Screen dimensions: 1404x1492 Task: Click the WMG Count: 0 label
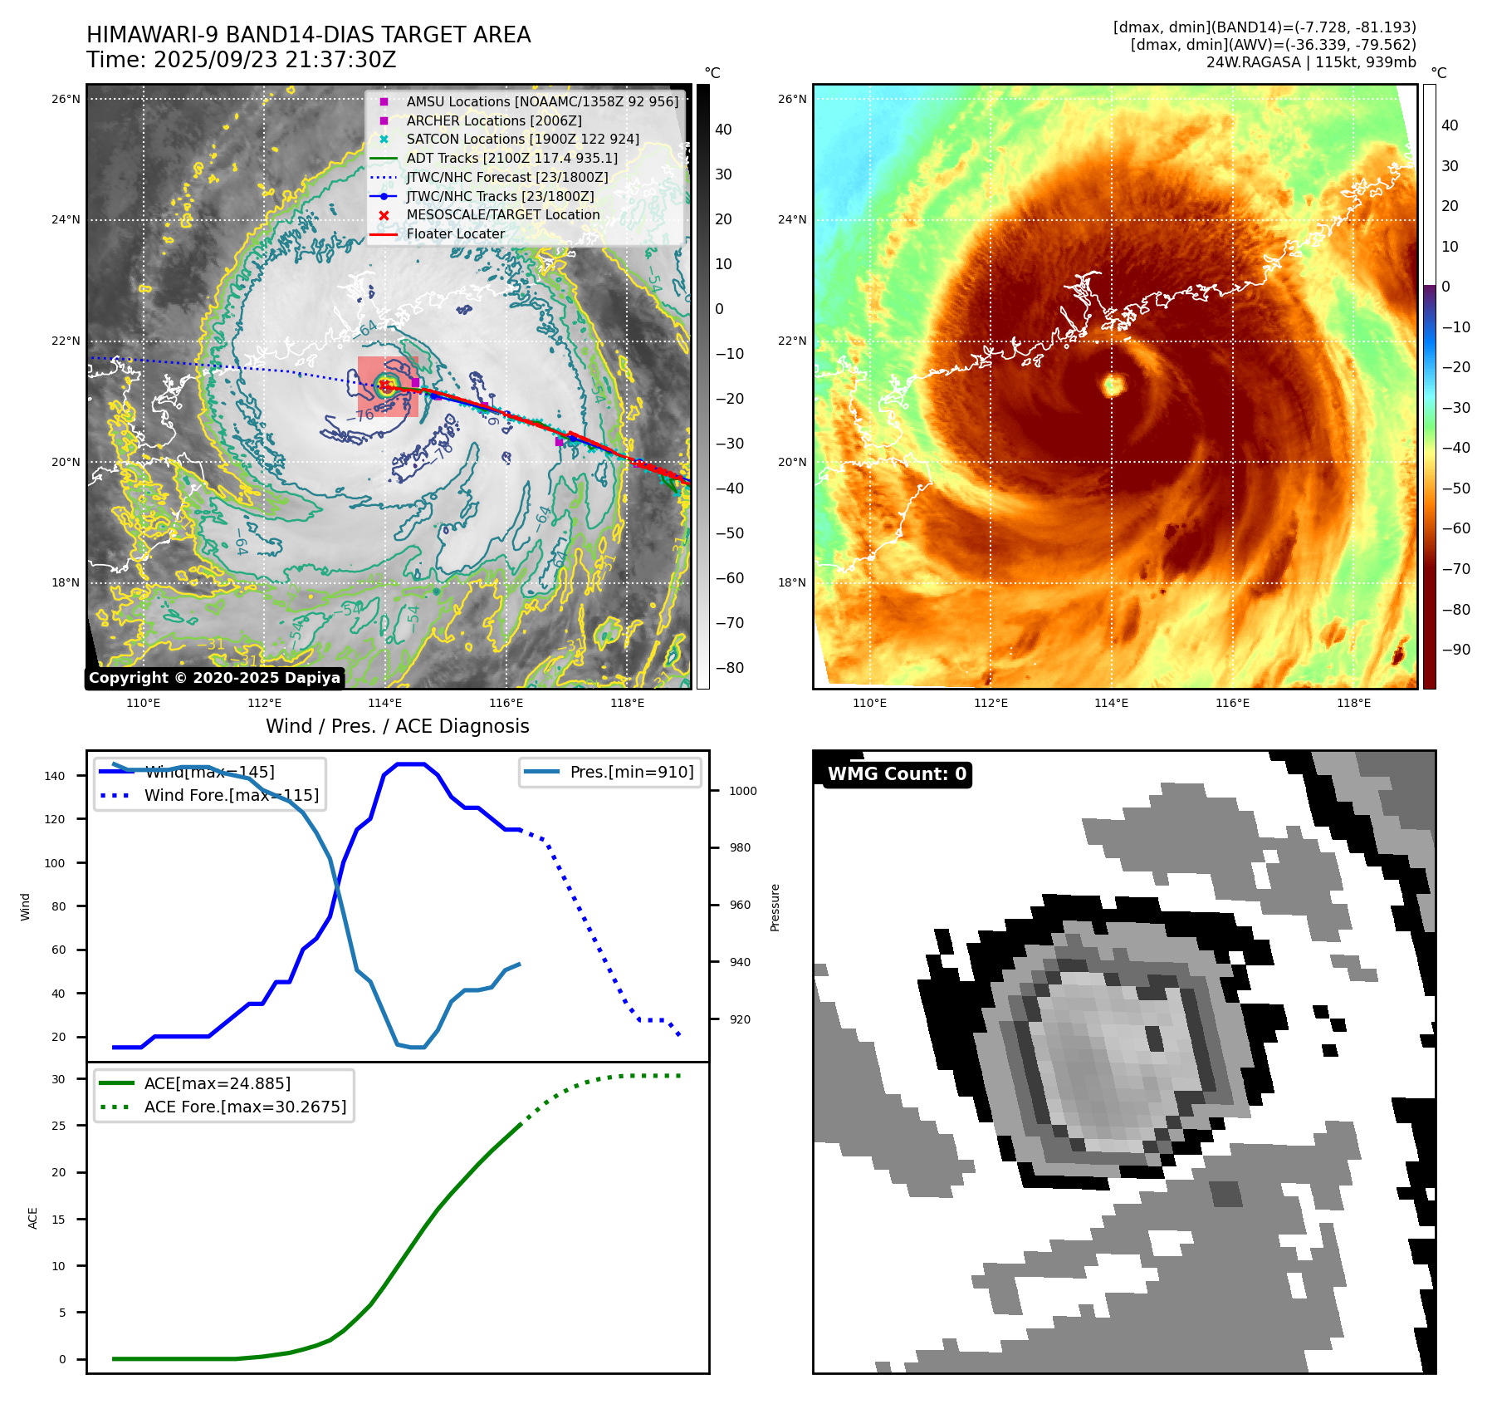(897, 774)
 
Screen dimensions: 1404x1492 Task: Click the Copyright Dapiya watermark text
(214, 678)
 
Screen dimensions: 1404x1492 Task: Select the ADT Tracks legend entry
(511, 158)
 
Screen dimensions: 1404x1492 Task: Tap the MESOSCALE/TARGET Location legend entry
(502, 215)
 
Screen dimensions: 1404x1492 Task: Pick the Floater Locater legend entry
(455, 234)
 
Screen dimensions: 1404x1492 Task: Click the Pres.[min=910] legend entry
(631, 772)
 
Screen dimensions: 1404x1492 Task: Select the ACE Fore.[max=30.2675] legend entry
(245, 1107)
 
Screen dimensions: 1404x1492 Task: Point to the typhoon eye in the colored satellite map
(1113, 385)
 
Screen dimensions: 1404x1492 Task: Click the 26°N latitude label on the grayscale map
(66, 100)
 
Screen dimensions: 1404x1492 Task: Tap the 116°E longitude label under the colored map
(1232, 704)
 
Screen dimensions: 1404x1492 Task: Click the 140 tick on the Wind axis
(55, 776)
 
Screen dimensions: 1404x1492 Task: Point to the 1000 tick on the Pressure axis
(742, 791)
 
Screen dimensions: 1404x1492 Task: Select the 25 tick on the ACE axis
(58, 1126)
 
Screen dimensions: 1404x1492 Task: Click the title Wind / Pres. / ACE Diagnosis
(397, 726)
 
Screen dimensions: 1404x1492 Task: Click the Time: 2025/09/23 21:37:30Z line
(241, 60)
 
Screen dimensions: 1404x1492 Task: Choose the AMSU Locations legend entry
(541, 101)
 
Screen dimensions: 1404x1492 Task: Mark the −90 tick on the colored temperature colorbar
(1455, 650)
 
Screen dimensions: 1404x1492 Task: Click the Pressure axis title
(775, 907)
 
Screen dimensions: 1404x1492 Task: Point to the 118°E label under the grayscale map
(627, 704)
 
